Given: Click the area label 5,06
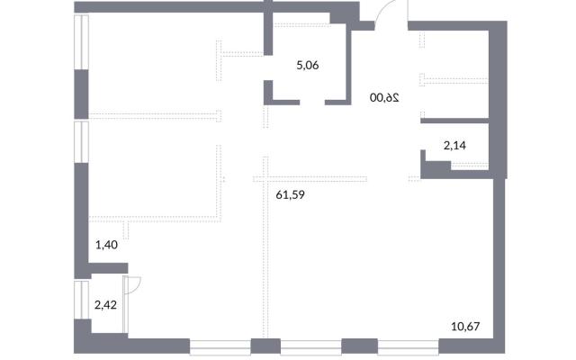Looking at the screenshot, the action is (308, 66).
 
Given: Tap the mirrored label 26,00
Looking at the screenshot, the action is (384, 98).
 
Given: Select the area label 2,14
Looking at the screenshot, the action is (454, 146).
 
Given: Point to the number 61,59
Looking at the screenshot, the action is (290, 194).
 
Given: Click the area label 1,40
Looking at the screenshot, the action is (106, 245).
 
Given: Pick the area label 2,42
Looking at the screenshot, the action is (105, 305).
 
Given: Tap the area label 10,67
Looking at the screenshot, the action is (465, 326).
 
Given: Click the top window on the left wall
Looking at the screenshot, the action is (81, 42).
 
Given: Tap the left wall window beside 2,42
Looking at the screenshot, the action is (81, 300).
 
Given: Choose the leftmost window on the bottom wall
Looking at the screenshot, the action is (220, 346).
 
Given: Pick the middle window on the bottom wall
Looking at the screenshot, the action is (311, 346).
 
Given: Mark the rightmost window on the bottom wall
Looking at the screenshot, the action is (409, 346).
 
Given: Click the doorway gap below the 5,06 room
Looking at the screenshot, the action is (312, 103).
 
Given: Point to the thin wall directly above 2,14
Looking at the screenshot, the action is (454, 121).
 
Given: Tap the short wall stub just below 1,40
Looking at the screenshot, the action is (108, 268).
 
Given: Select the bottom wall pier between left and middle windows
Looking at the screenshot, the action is (265, 346).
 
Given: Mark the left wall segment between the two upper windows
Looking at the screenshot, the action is (81, 94).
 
